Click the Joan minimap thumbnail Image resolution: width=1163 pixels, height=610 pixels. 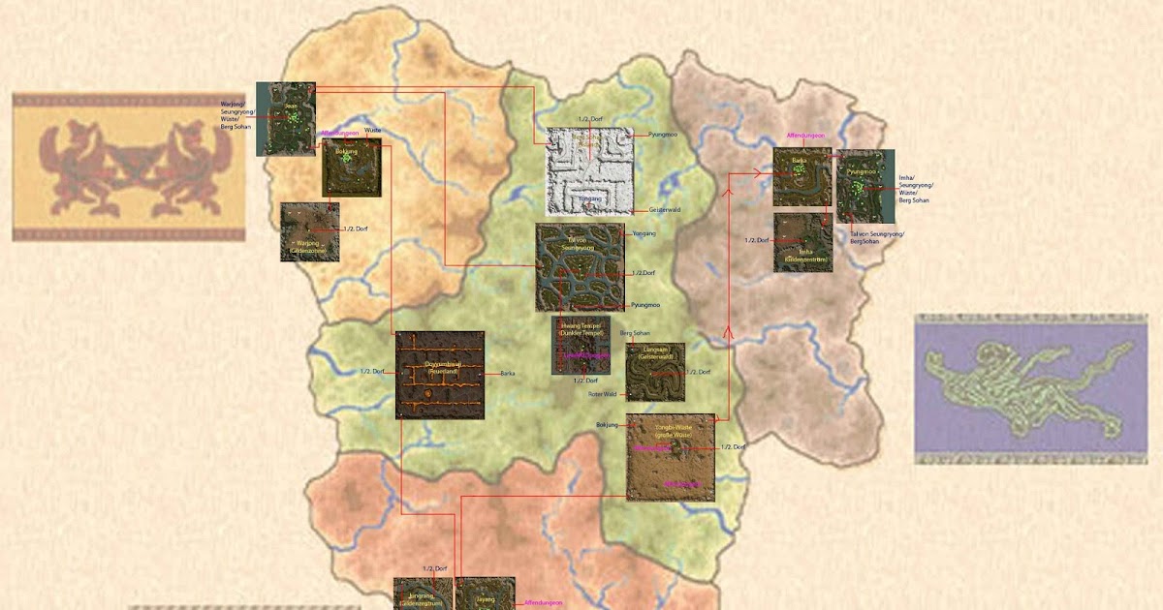[x=287, y=118]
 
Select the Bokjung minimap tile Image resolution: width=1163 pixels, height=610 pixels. [x=351, y=168]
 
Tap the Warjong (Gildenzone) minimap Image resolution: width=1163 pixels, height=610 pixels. [x=309, y=232]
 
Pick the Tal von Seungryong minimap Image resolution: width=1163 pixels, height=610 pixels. [x=580, y=267]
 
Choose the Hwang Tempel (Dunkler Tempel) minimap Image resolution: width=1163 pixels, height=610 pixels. [x=581, y=345]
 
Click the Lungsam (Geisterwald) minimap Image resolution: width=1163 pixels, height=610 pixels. [x=655, y=372]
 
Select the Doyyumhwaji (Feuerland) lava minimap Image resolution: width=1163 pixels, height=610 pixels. [x=440, y=375]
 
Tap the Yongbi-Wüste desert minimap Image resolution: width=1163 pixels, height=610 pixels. [x=671, y=457]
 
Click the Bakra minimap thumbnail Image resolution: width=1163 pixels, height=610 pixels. [x=802, y=176]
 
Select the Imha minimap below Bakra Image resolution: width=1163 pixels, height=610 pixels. [x=802, y=243]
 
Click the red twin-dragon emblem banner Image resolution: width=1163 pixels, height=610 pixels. [x=129, y=167]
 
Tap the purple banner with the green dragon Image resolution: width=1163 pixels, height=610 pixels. [x=1030, y=388]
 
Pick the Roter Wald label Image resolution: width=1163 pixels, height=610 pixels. [x=602, y=394]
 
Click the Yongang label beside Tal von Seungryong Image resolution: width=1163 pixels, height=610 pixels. [x=644, y=234]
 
